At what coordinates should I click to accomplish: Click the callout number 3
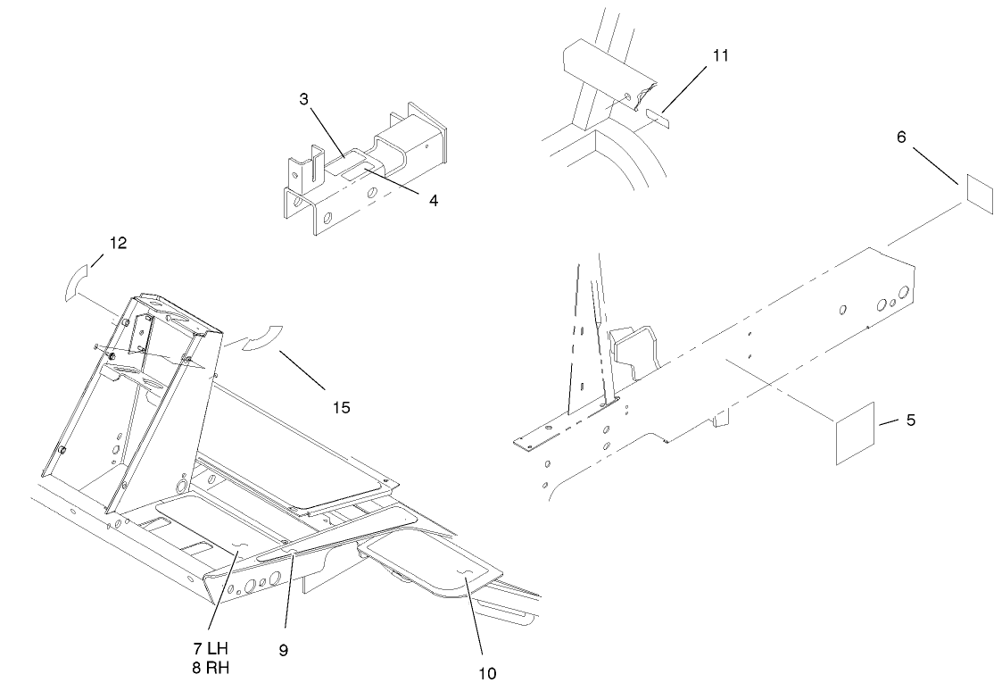(303, 100)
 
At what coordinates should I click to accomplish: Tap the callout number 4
(433, 201)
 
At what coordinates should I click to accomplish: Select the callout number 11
(721, 55)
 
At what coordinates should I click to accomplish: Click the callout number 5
(910, 420)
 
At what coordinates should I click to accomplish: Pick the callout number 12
(118, 244)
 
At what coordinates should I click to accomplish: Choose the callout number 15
(340, 407)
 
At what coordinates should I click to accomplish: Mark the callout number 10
(487, 672)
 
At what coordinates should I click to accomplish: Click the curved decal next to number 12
(77, 284)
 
